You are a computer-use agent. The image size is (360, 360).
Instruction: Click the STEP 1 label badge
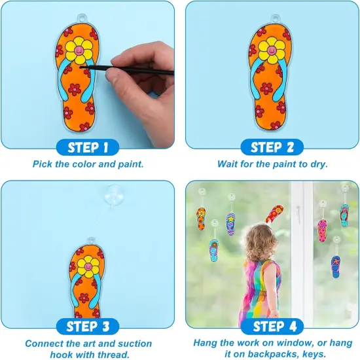(88, 147)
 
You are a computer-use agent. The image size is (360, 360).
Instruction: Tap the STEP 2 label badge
(272, 147)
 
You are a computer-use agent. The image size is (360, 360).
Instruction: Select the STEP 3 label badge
(88, 327)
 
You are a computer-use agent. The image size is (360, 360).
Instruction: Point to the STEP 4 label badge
(272, 327)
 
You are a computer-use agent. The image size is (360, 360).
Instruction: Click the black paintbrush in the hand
(127, 69)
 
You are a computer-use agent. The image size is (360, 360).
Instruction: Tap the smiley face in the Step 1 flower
(79, 50)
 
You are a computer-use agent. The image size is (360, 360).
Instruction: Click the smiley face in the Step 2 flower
(272, 50)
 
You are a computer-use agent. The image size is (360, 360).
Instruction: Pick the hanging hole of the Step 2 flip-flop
(276, 18)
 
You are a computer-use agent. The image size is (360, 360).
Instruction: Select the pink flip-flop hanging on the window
(322, 230)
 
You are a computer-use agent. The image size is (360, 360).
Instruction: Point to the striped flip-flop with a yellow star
(230, 224)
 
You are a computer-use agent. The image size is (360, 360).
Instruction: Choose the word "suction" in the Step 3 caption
(135, 344)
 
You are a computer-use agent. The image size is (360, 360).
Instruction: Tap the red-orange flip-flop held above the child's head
(275, 213)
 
